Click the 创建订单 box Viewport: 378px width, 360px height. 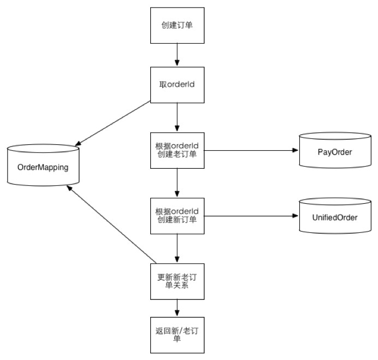(x=176, y=26)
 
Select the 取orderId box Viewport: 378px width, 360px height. (x=176, y=84)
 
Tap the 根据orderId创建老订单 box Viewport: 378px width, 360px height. (x=176, y=150)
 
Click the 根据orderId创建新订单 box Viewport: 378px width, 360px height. (x=176, y=216)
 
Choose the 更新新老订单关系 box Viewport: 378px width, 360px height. (x=176, y=281)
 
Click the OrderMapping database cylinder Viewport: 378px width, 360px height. (x=43, y=166)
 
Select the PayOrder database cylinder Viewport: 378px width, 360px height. (x=335, y=151)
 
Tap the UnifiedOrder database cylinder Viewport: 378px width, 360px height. (x=335, y=217)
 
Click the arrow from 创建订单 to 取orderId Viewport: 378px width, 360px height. (x=176, y=55)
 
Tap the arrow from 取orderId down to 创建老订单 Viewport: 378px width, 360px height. (x=176, y=116)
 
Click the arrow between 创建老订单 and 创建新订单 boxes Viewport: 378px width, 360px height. (x=176, y=182)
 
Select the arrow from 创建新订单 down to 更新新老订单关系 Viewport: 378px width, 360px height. (x=176, y=249)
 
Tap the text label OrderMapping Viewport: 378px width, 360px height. (x=43, y=167)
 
